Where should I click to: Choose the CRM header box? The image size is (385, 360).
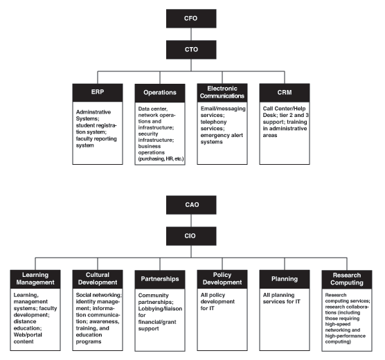tap(284, 92)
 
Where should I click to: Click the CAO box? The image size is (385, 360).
tap(192, 204)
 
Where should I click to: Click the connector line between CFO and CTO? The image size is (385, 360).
tap(192, 33)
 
